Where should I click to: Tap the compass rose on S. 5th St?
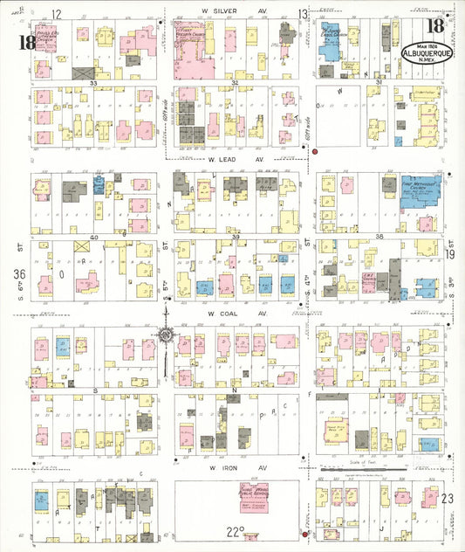coord(165,335)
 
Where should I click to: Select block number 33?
coord(92,82)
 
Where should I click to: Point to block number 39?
coord(235,238)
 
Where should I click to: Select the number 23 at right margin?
coord(448,498)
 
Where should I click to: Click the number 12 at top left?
coord(58,13)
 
